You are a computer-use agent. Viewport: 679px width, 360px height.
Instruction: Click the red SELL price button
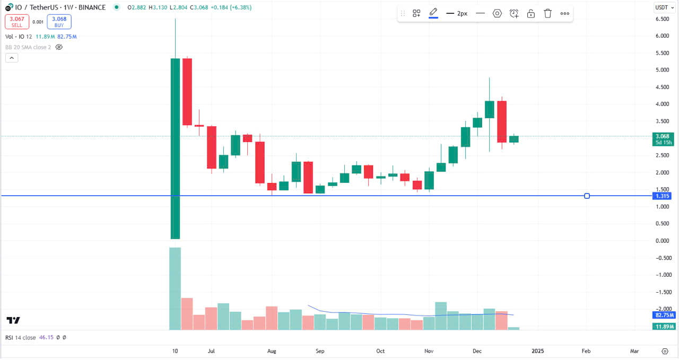16,22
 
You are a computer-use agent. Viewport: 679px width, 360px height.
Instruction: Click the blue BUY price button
59,22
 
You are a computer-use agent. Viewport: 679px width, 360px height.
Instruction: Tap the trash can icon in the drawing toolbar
547,13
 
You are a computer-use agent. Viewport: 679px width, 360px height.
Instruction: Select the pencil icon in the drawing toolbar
433,13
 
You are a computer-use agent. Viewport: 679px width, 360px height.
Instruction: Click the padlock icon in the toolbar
530,13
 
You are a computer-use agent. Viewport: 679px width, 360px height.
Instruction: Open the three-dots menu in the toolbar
564,13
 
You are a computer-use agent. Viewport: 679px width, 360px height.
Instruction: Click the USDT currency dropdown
663,7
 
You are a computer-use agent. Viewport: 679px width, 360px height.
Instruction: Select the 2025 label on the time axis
538,351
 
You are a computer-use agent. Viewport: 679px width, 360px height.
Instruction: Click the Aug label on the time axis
272,351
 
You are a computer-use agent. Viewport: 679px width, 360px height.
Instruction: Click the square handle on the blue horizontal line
587,196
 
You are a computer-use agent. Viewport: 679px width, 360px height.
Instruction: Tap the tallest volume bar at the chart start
175,288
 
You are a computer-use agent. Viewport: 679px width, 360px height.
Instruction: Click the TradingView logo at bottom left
13,320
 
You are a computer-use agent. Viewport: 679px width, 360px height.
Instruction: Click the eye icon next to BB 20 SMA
59,47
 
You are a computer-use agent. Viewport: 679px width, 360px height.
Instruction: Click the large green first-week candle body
175,148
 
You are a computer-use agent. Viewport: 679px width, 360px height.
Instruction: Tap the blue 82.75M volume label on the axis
664,315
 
